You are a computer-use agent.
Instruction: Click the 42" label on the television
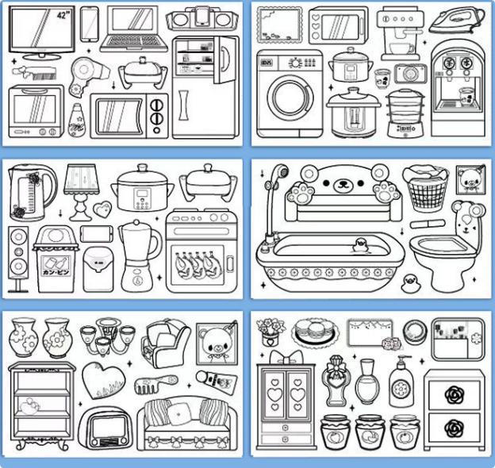coord(64,16)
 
